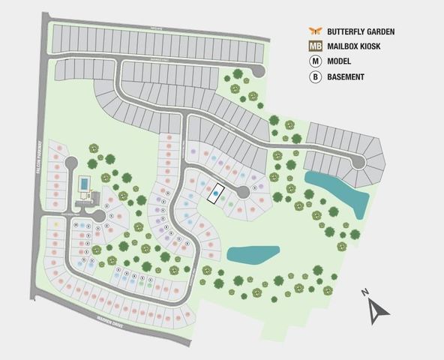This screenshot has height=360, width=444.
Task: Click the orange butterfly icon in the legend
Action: pos(315,31)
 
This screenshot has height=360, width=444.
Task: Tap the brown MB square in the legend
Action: pos(315,46)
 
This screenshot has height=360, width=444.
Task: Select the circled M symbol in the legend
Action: pos(315,61)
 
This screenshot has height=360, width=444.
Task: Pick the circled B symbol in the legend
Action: pos(315,76)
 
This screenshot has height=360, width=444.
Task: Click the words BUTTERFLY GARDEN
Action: pos(361,31)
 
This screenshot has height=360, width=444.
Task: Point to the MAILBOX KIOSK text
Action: pos(356,46)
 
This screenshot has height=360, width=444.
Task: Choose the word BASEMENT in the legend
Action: pos(346,76)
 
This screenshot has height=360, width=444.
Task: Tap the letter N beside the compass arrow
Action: pos(364,292)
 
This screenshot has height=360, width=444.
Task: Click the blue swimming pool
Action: pos(84,184)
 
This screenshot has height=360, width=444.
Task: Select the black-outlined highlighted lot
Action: pos(216,193)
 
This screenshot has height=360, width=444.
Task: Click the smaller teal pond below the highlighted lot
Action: pos(253,254)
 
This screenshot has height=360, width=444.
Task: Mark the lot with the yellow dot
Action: pos(56,223)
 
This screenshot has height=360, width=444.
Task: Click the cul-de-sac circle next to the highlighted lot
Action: pos(242,193)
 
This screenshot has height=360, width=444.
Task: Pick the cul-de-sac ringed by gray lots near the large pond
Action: pos(359,160)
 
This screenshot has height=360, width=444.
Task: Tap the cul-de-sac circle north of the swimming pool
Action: pos(70,163)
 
